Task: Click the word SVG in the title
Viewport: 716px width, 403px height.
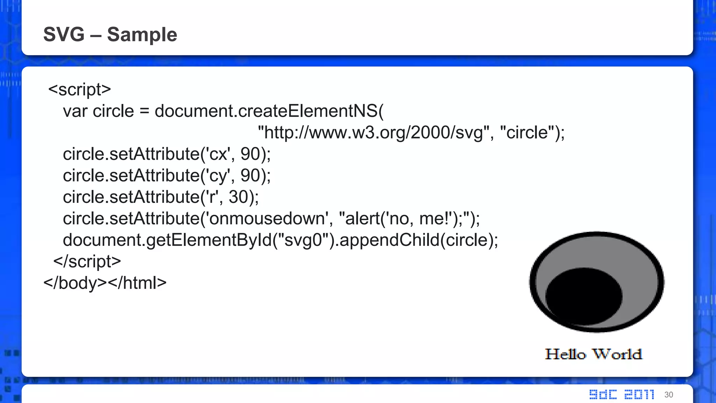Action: click(x=64, y=34)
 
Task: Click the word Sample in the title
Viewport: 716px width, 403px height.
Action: click(x=142, y=34)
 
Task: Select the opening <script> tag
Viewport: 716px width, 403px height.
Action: click(x=79, y=90)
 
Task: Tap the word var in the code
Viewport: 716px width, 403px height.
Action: click(x=75, y=111)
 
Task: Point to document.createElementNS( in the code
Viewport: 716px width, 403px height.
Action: click(x=269, y=111)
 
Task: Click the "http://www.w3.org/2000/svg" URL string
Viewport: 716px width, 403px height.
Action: click(x=373, y=133)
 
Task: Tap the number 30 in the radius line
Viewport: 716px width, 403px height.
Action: click(x=238, y=197)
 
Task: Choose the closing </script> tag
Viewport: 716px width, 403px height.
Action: click(x=87, y=262)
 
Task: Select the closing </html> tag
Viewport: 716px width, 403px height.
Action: click(x=137, y=283)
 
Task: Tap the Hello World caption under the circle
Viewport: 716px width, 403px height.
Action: click(x=594, y=354)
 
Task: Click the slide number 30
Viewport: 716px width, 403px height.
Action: click(x=668, y=395)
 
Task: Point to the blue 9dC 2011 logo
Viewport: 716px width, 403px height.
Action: click(x=622, y=394)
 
